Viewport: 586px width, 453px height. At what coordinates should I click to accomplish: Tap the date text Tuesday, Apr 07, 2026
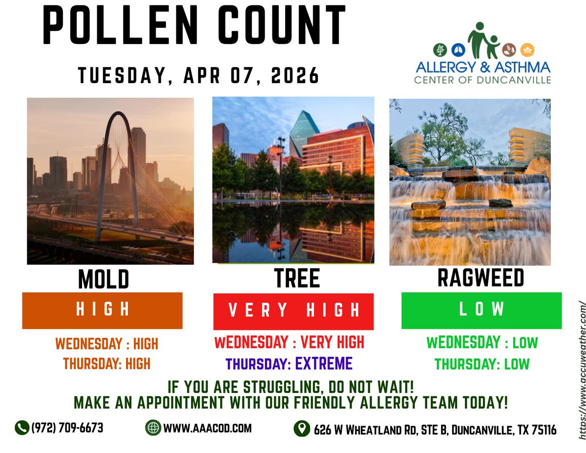(x=199, y=76)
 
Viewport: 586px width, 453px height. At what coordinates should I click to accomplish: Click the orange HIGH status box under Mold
(x=103, y=310)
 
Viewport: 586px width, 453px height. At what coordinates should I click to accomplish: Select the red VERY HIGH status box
(x=293, y=311)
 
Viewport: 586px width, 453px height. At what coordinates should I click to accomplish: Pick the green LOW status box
(x=481, y=310)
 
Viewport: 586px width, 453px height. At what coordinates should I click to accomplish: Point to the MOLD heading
(x=104, y=280)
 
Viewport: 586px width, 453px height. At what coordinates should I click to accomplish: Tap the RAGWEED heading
(x=481, y=278)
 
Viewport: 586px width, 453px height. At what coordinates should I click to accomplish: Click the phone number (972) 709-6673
(x=67, y=428)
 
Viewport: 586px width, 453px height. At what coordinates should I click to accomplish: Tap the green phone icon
(x=21, y=428)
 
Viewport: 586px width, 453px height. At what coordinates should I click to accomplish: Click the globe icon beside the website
(x=153, y=428)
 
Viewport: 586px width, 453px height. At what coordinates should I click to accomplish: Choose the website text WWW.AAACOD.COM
(x=208, y=428)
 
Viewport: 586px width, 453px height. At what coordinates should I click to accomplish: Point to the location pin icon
(x=302, y=429)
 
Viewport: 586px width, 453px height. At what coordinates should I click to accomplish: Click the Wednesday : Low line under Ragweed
(x=481, y=343)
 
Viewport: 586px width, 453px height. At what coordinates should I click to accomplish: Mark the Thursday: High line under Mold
(x=106, y=364)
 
